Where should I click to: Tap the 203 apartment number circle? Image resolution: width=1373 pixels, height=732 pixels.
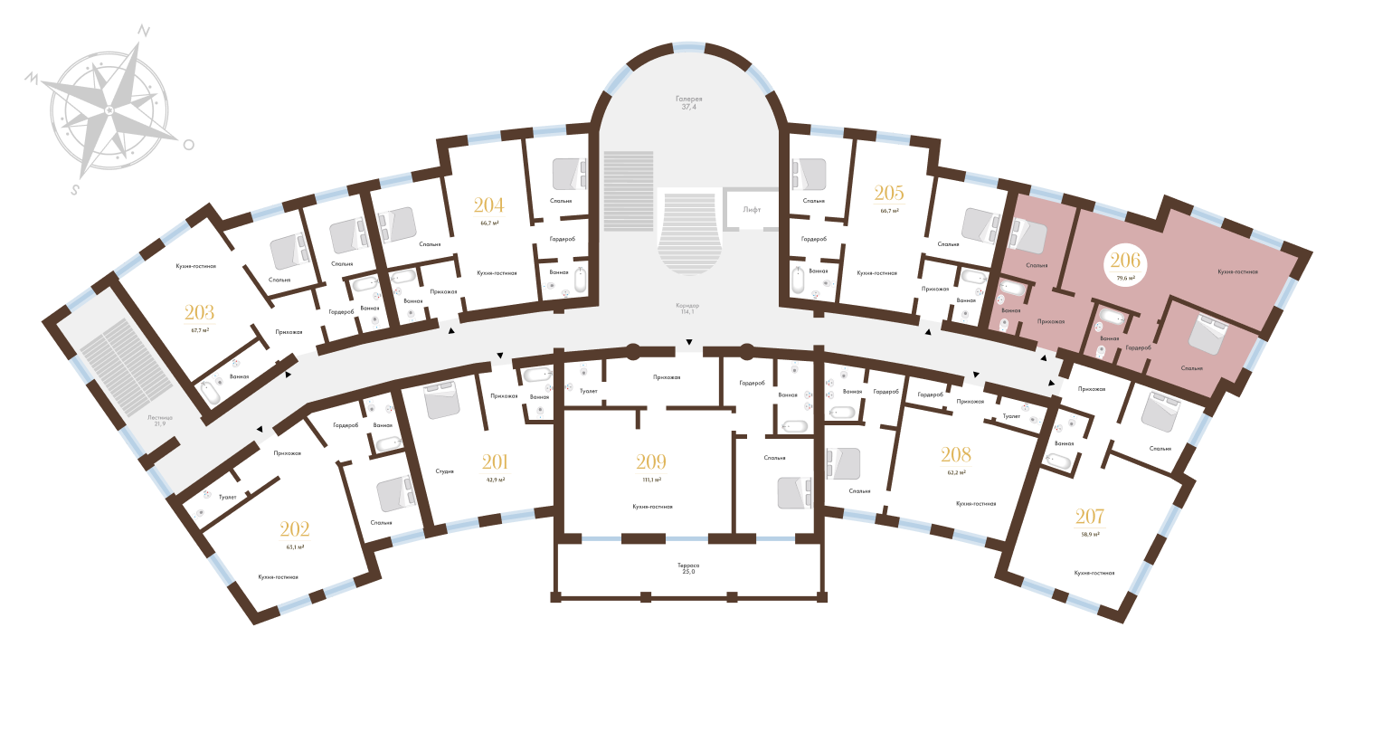point(199,318)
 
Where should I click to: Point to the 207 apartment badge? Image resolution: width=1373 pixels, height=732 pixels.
point(1089,522)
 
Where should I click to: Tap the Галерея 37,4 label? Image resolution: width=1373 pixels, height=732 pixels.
point(688,102)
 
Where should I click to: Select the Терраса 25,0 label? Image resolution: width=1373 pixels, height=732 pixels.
point(688,569)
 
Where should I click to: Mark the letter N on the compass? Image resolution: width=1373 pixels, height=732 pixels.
point(143,30)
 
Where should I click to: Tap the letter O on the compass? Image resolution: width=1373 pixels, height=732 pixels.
point(188,144)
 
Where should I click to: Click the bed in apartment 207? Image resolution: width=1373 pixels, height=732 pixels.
point(1158,413)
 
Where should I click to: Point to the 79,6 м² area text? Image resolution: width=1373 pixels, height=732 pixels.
point(1125,279)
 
